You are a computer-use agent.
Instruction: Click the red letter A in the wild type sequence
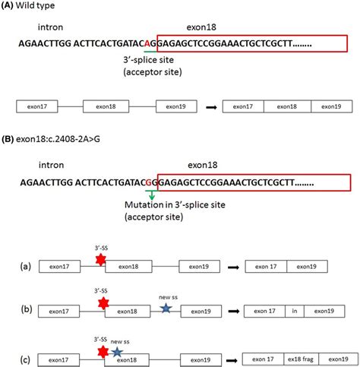click(147, 44)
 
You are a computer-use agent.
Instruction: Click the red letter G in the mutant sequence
click(149, 182)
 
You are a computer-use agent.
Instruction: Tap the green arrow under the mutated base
click(152, 195)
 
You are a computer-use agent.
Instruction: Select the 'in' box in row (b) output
click(295, 311)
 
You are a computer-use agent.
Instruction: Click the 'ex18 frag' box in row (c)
click(301, 359)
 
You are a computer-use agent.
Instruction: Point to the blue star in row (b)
click(166, 308)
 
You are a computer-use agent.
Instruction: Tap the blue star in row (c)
click(117, 352)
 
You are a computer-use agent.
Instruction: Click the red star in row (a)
click(101, 260)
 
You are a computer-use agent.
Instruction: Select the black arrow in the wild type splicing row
click(211, 107)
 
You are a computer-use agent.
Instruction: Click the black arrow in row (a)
click(233, 267)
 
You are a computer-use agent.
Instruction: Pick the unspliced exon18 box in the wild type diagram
click(106, 106)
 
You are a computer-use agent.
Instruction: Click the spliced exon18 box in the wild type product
click(287, 106)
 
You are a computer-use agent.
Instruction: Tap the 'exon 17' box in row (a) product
click(266, 267)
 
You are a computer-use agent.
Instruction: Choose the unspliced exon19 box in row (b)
click(201, 312)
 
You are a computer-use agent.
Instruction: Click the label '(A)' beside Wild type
click(7, 5)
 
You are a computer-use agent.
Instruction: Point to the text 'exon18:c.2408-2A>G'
click(58, 139)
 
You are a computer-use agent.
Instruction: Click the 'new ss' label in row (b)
click(168, 297)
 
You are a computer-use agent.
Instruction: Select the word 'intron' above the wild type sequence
click(50, 27)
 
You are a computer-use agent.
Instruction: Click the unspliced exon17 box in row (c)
click(58, 360)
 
